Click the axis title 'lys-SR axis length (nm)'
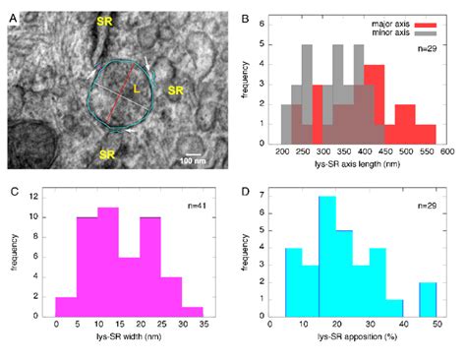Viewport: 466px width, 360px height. point(363,167)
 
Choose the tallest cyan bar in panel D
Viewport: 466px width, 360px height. point(327,256)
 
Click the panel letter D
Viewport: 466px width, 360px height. point(244,186)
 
